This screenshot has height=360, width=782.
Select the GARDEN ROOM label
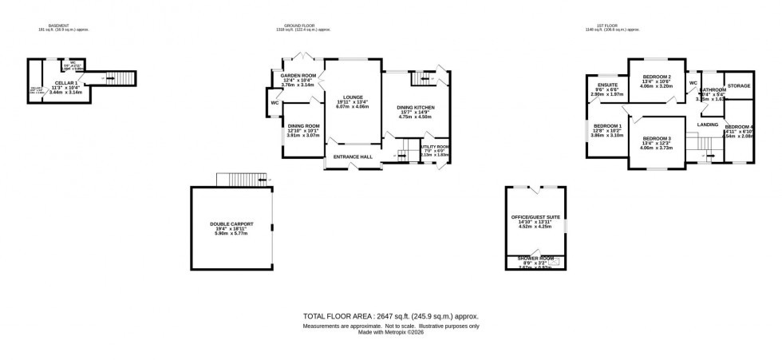[x=298, y=74]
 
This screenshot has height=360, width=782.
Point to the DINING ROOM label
[x=303, y=125]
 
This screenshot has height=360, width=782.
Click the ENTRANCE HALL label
[x=353, y=156]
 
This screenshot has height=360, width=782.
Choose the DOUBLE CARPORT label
[x=230, y=224]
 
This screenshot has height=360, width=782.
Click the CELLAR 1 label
[x=66, y=83]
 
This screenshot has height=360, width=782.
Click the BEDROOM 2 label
[x=657, y=77]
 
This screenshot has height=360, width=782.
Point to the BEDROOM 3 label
[x=657, y=139]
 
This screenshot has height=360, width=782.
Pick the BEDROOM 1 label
[x=608, y=125]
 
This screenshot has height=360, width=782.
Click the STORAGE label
[x=739, y=85]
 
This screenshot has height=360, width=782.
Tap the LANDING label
[x=707, y=125]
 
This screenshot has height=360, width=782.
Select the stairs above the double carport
[x=240, y=178]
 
